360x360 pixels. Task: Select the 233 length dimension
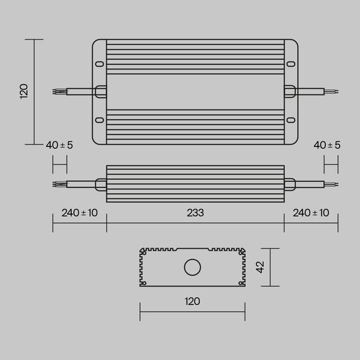(195, 213)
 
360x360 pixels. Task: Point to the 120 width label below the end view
(192, 301)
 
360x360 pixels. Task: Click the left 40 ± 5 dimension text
(59, 145)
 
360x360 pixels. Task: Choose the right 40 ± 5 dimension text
(327, 145)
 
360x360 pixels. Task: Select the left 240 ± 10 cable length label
(80, 213)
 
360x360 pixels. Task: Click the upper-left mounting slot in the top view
(100, 64)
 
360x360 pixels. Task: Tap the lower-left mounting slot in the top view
(100, 120)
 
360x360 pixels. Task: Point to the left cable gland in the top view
(101, 92)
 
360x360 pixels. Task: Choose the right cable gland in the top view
(289, 92)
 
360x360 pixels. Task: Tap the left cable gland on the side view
(101, 184)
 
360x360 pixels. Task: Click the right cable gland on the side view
(289, 184)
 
